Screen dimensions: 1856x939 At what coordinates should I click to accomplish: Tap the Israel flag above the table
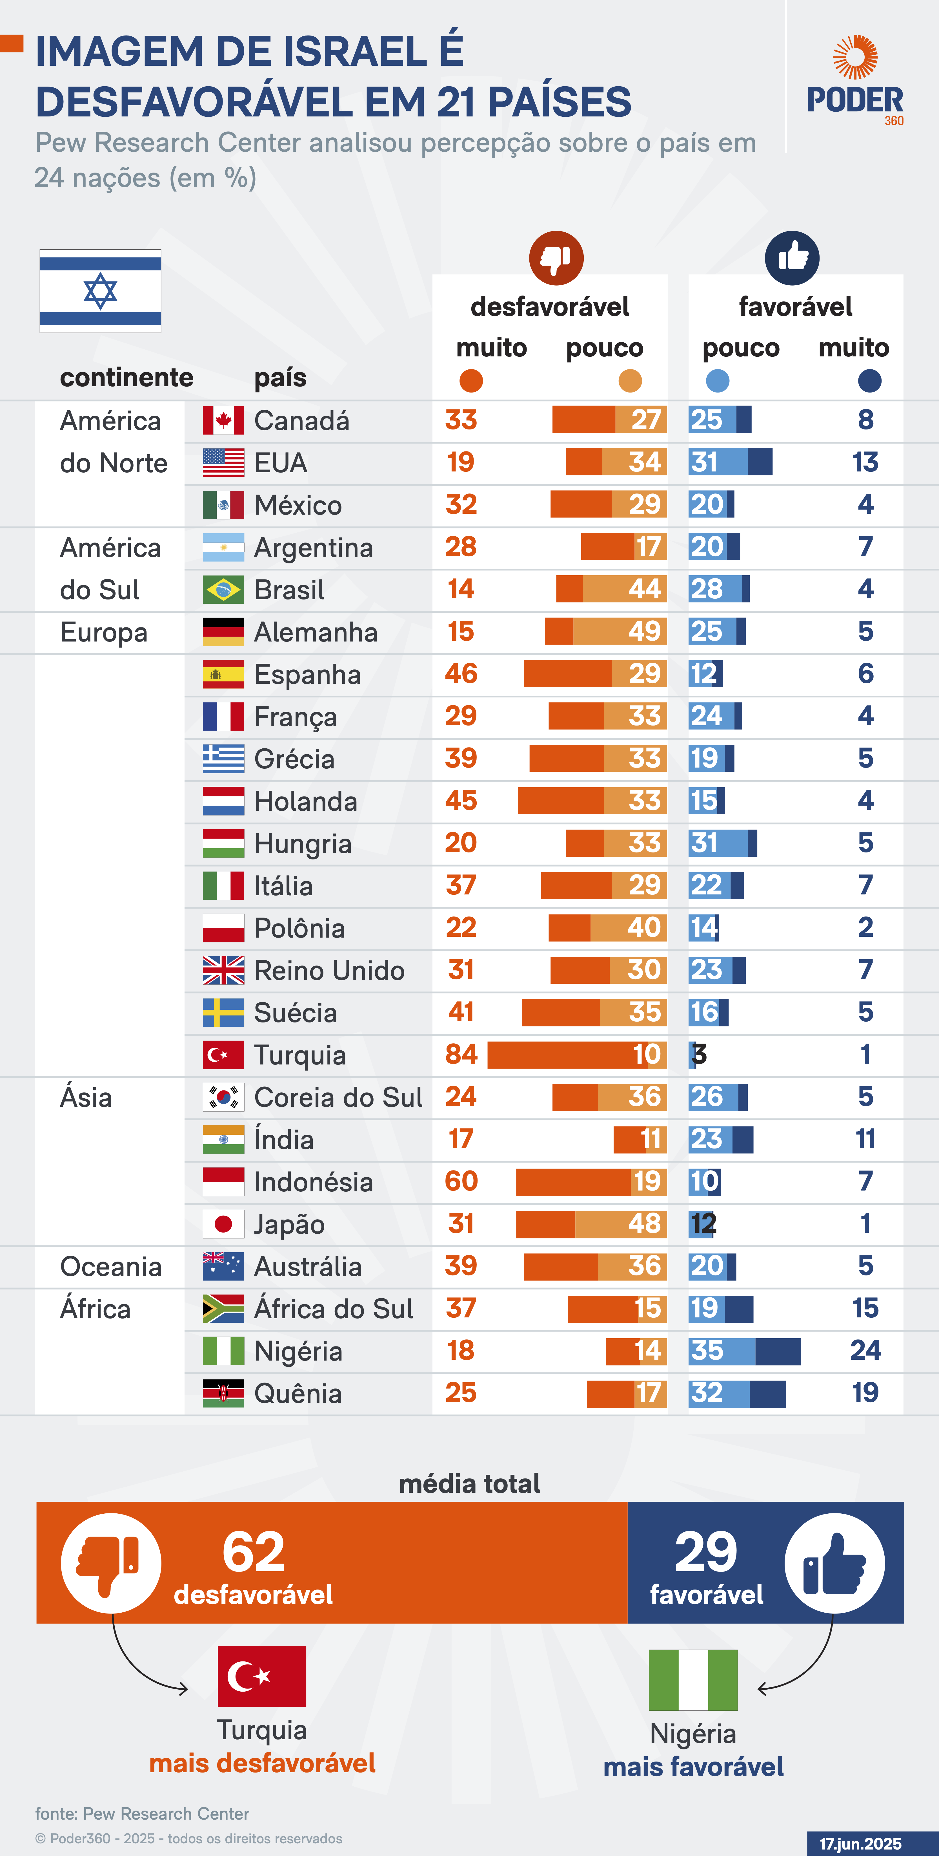coord(100,291)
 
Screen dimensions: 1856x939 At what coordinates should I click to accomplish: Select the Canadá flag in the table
coord(223,421)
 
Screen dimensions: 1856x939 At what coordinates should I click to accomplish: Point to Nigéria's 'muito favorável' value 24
coord(865,1350)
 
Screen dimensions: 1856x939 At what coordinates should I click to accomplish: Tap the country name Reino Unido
coord(329,971)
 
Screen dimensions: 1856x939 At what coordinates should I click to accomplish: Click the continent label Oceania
coord(111,1267)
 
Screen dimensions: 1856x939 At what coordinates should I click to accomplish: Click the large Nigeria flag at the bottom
coord(693,1679)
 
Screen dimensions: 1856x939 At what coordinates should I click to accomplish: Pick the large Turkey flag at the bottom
coord(262,1676)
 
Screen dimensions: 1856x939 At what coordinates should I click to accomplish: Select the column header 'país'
coord(280,378)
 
